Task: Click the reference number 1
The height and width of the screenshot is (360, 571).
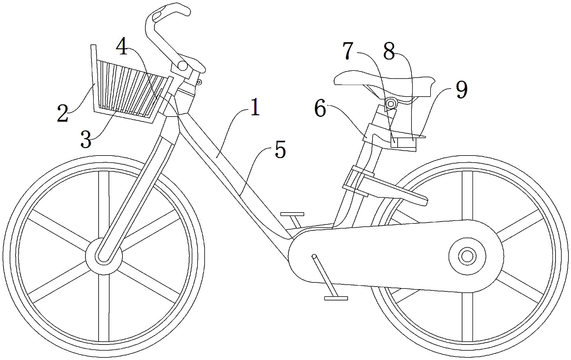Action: click(255, 108)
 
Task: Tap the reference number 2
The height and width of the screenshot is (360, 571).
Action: click(63, 113)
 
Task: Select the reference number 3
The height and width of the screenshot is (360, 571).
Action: click(86, 139)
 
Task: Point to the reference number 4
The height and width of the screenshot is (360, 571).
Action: click(121, 47)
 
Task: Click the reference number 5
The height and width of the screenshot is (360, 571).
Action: click(280, 150)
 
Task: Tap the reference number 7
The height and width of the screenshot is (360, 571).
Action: click(348, 51)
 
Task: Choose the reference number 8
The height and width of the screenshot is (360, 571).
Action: click(389, 51)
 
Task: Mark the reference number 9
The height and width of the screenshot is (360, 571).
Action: click(461, 90)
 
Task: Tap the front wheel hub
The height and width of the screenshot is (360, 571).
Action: click(104, 256)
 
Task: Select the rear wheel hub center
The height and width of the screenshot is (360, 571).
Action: click(467, 256)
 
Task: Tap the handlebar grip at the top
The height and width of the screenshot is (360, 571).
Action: click(167, 13)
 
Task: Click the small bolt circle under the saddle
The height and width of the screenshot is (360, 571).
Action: click(391, 104)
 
